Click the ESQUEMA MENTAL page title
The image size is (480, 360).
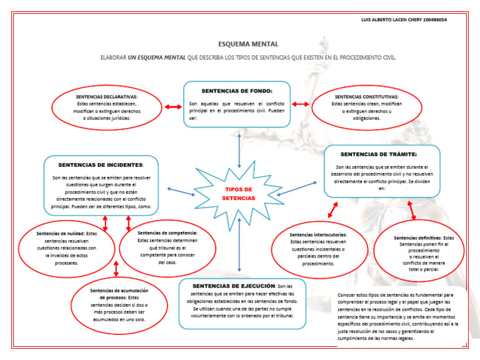[x=248, y=44]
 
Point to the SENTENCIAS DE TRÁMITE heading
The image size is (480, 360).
[x=378, y=154]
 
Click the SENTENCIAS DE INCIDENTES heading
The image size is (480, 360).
[x=101, y=165]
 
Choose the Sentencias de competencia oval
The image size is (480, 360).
[x=167, y=247]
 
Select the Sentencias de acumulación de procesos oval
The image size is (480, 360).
[x=119, y=302]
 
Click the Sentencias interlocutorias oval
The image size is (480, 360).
[x=318, y=249]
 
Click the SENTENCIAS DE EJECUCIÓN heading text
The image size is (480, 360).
[x=234, y=286]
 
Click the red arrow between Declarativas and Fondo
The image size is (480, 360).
[x=173, y=107]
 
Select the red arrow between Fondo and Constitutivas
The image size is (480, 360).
[x=301, y=104]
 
